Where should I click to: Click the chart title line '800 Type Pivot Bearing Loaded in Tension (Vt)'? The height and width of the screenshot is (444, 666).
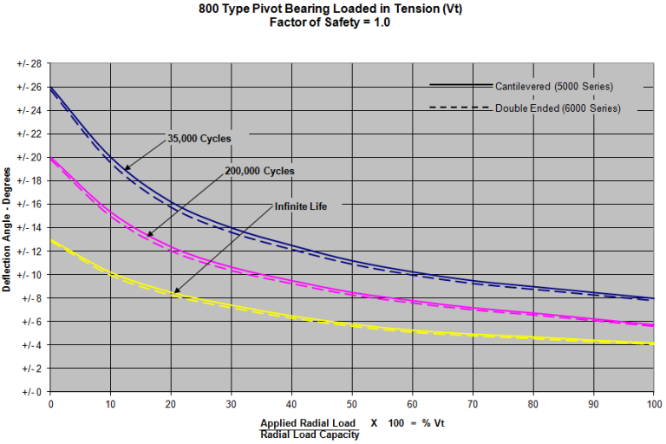[332, 10]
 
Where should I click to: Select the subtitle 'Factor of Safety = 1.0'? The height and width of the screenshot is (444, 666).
[332, 23]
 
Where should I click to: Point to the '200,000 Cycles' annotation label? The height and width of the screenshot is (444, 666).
[259, 171]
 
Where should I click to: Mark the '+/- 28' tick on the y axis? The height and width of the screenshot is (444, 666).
[29, 64]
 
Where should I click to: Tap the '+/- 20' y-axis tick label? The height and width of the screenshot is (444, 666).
[29, 158]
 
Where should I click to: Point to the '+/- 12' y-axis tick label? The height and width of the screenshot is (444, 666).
[29, 251]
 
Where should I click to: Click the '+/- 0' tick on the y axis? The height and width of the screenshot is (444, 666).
[32, 392]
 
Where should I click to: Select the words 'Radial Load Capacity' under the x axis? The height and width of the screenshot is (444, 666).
[310, 434]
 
